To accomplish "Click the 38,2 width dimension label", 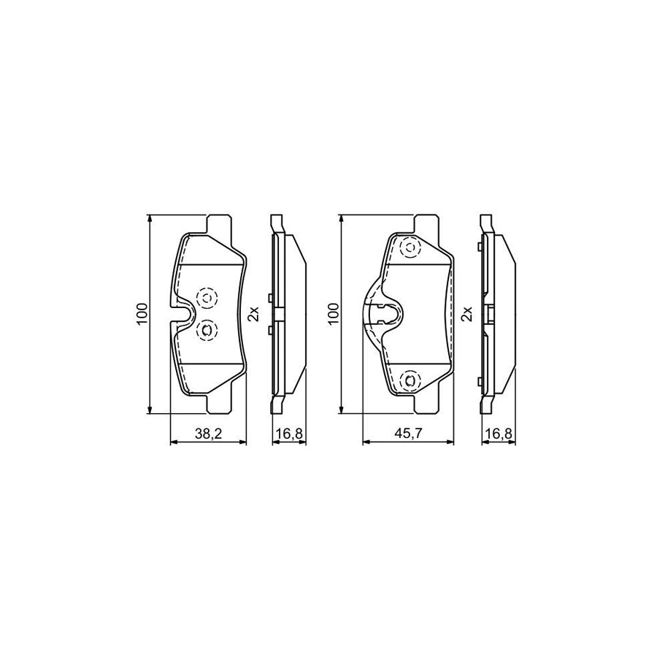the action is (208, 434).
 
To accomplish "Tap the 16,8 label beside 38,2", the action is (289, 434).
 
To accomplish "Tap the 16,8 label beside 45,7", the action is (499, 434).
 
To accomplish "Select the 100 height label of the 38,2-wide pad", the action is (142, 314).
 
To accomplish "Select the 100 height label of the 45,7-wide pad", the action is (334, 314).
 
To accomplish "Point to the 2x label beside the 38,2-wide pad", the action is (254, 314).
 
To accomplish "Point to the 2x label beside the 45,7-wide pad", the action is (466, 314).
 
